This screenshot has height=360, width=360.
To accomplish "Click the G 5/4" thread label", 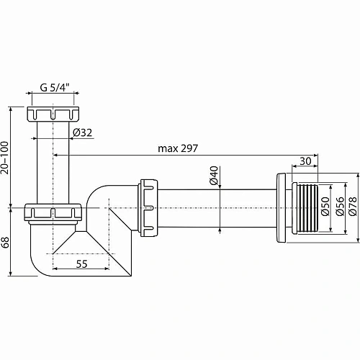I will click(54, 88).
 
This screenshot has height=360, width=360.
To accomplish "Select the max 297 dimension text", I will click(179, 148).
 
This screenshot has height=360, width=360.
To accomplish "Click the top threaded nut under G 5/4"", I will click(54, 114).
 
